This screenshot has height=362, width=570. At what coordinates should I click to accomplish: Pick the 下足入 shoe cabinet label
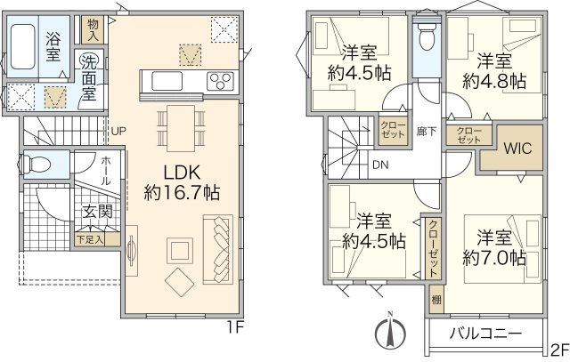point(89,238)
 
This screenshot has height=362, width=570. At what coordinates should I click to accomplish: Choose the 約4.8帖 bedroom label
point(493,70)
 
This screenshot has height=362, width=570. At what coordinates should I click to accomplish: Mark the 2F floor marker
point(559,350)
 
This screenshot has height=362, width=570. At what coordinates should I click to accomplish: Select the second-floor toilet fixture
point(425,37)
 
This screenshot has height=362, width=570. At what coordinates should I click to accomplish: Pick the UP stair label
point(118,132)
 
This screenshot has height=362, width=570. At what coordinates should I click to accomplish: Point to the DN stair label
point(379,164)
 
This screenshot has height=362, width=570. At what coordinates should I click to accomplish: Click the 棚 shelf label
point(436,299)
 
